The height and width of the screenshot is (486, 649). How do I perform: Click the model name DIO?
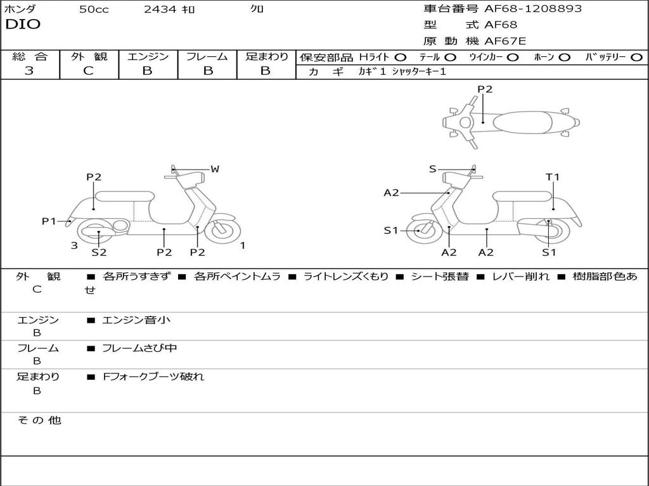click(x=23, y=25)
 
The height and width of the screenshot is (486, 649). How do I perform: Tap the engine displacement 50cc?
click(x=94, y=9)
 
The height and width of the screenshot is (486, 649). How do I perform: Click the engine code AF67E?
click(x=505, y=41)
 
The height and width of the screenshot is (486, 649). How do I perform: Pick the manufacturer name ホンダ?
click(x=20, y=9)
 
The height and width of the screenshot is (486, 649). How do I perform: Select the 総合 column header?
click(x=30, y=57)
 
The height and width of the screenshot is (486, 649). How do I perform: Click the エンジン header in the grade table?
click(x=148, y=57)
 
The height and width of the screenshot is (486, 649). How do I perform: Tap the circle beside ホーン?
click(x=565, y=57)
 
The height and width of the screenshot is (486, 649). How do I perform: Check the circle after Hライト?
click(x=401, y=57)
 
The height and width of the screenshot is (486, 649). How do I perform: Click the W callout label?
click(x=215, y=169)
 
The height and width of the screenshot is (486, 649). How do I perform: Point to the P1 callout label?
click(x=49, y=221)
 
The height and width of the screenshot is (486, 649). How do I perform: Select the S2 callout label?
click(x=99, y=252)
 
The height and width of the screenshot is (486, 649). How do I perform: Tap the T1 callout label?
click(x=553, y=177)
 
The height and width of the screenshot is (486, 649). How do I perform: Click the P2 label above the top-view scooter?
click(x=484, y=89)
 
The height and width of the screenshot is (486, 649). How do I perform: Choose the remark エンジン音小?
click(x=136, y=320)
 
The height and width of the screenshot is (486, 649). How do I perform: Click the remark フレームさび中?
click(x=139, y=348)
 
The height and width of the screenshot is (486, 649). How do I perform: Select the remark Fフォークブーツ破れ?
click(x=153, y=377)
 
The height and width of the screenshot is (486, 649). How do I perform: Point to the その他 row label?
click(x=39, y=420)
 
